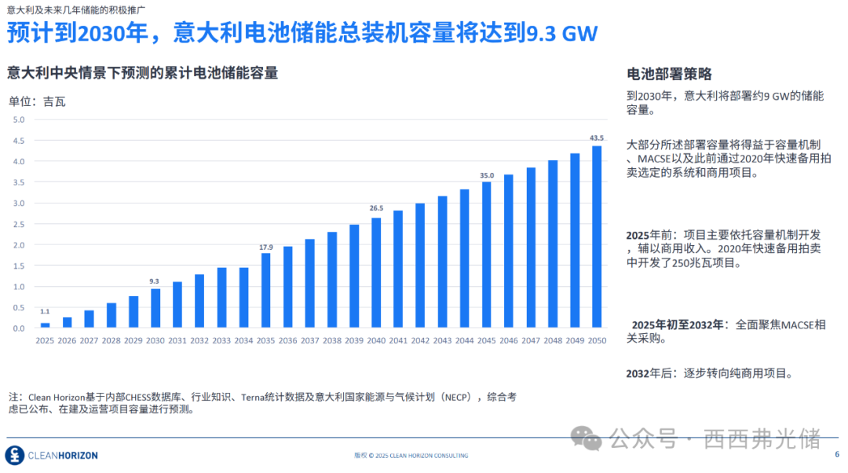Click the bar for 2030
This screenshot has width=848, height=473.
155,308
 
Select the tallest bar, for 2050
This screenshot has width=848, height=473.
597,236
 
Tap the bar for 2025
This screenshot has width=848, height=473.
45,324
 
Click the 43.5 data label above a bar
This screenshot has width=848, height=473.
597,137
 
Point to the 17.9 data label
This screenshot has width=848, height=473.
266,247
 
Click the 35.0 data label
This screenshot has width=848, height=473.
487,176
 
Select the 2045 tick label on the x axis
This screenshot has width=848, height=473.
487,340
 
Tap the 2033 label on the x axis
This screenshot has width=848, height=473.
221,340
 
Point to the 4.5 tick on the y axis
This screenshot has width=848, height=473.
19,141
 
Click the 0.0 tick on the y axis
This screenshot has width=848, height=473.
19,328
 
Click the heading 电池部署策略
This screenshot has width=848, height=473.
669,74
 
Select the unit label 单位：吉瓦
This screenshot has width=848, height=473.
37,101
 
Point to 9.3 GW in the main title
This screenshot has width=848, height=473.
561,34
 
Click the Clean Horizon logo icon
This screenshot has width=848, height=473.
14,455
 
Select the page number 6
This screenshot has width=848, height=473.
836,454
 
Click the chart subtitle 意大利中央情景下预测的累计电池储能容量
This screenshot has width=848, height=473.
142,73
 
